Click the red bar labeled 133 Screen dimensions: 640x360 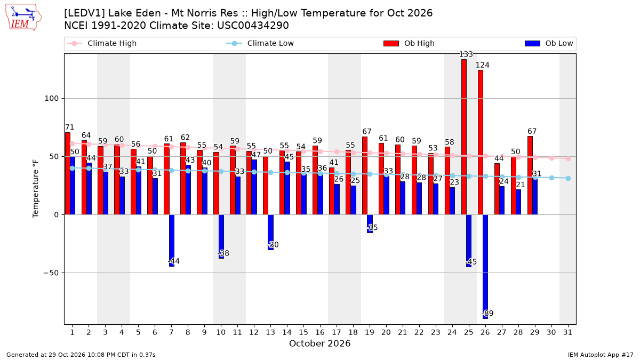pyautogui.click(x=463, y=137)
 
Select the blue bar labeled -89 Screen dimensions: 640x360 pyautogui.click(x=485, y=267)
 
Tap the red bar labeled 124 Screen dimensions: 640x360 pyautogui.click(x=481, y=142)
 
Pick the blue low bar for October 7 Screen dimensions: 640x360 pyautogui.click(x=171, y=241)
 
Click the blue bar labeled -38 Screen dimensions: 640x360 pyautogui.click(x=221, y=237)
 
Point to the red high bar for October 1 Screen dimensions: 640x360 pyautogui.click(x=67, y=173)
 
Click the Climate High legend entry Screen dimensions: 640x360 pyautogui.click(x=102, y=43)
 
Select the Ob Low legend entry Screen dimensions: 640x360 pyautogui.click(x=549, y=43)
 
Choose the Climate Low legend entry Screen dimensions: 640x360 pyautogui.click(x=260, y=43)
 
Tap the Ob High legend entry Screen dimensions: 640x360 pyautogui.click(x=409, y=43)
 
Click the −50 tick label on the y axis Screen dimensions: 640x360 pyautogui.click(x=51, y=273)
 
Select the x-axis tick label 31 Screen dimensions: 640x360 pyautogui.click(x=567, y=332)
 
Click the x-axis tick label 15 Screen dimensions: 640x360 pyautogui.click(x=303, y=332)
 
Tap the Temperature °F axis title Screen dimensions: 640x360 pyautogui.click(x=35, y=189)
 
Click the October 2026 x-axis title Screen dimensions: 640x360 pyautogui.click(x=319, y=343)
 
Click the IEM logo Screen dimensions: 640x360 pyautogui.click(x=23, y=17)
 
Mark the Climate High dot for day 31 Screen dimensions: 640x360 pyautogui.click(x=568, y=158)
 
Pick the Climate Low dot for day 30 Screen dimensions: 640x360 pyautogui.click(x=551, y=178)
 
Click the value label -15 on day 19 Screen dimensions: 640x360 pyautogui.click(x=372, y=228)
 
